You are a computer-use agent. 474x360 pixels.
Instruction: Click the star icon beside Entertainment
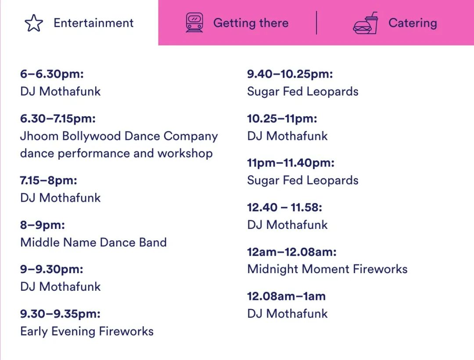click(34, 23)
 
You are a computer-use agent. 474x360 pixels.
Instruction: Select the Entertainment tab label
click(93, 23)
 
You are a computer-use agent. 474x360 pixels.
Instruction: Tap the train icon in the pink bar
click(194, 22)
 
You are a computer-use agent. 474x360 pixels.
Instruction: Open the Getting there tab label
click(251, 23)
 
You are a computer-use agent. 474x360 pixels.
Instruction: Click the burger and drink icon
click(365, 23)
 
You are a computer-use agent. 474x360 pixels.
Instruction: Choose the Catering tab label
click(413, 23)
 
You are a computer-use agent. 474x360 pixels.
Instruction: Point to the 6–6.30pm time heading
click(52, 74)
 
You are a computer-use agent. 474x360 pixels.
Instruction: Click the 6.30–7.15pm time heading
click(58, 118)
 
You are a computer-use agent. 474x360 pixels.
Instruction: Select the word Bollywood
click(92, 136)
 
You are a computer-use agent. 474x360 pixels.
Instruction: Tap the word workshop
click(185, 153)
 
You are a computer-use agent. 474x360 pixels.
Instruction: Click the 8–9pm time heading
click(43, 225)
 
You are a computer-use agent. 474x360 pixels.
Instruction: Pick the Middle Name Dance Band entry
click(93, 242)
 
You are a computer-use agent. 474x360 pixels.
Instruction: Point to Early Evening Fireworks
click(87, 331)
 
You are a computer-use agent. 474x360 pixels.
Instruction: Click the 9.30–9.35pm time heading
click(60, 314)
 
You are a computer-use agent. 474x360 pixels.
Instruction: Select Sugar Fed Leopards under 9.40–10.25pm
click(302, 92)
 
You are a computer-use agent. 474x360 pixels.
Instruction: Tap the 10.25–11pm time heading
click(282, 118)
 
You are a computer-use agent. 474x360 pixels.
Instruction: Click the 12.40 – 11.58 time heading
click(284, 207)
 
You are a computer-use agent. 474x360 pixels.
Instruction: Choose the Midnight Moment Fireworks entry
click(327, 269)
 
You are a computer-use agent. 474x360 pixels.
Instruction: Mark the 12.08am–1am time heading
click(286, 296)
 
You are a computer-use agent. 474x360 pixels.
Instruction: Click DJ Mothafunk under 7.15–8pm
click(60, 198)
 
